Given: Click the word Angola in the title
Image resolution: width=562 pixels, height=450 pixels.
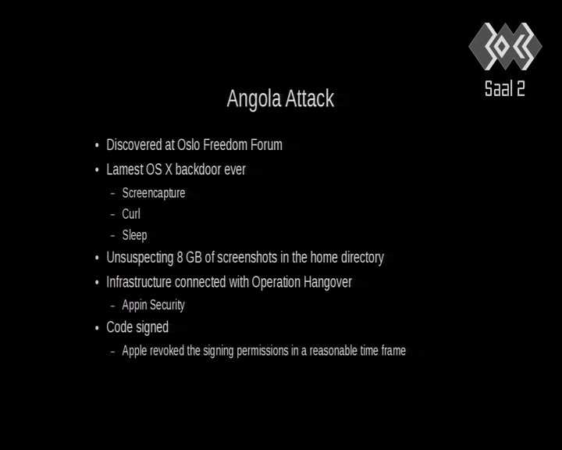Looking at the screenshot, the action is point(254,99).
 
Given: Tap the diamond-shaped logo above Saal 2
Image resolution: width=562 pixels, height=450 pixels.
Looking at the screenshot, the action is point(505,46).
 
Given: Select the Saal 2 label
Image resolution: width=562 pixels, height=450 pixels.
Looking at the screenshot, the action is point(505,88).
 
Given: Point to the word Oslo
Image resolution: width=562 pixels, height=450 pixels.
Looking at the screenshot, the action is point(189,145).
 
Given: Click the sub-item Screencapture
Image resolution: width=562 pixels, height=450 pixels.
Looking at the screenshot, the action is point(154,194).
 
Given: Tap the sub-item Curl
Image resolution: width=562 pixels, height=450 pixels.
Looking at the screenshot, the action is point(131,214).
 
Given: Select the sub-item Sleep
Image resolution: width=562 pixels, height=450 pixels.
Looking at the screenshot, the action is point(134,235).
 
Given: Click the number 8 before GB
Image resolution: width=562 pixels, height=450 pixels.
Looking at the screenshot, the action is point(180,258).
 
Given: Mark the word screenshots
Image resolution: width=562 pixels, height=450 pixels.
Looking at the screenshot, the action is point(247,258).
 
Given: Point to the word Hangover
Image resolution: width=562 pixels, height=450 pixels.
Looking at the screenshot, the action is point(327,282).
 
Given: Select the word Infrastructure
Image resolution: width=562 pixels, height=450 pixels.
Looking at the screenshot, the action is point(139,282).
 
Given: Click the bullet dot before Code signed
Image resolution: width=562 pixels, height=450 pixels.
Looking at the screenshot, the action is point(97,328).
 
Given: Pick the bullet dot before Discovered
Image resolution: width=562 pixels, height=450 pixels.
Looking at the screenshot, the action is point(97,145).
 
